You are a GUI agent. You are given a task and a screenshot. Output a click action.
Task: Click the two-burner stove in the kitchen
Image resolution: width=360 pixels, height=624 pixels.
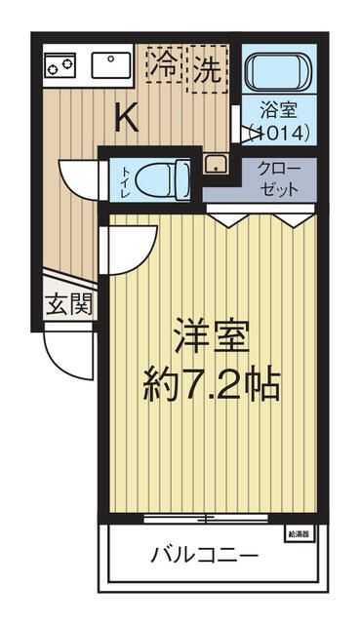60,65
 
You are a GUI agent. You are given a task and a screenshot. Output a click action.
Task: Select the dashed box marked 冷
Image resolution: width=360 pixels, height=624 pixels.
166,68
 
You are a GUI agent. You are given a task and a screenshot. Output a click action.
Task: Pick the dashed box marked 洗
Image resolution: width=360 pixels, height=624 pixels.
207,68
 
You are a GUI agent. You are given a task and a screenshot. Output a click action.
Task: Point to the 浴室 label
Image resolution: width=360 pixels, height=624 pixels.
278,111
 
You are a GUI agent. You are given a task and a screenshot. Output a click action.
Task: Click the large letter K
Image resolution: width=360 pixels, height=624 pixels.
127,117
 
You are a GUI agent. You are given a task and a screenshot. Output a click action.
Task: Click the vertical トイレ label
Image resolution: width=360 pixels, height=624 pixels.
125,179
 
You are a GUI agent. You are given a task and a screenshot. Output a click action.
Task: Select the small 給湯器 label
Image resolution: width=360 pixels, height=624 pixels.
299,533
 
